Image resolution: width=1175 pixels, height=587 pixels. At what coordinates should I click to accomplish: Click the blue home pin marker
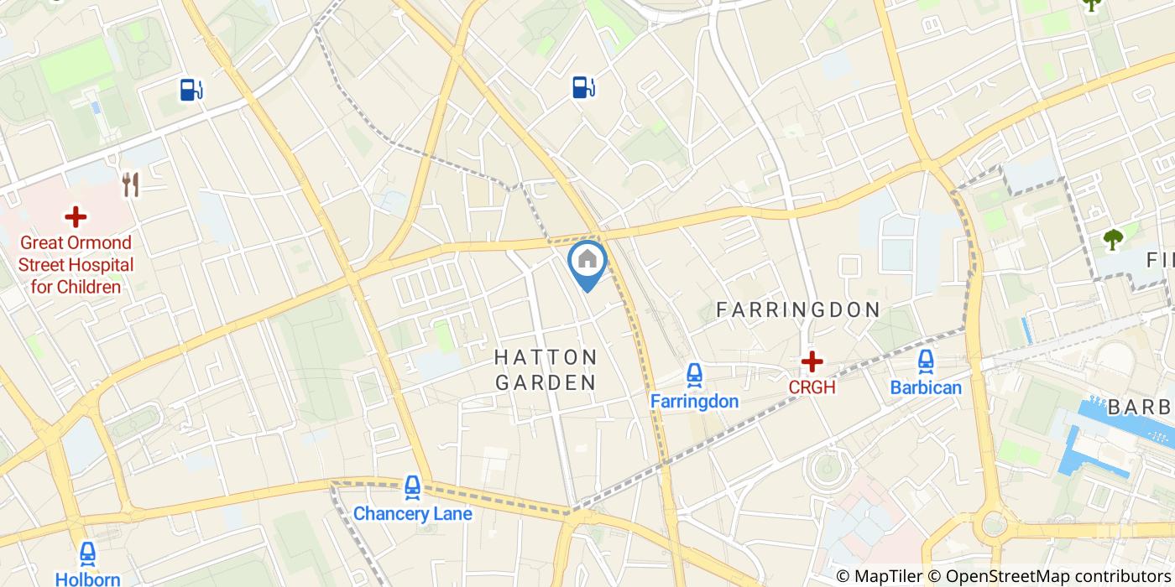587,261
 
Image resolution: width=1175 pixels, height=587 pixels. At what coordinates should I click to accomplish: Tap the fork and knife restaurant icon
130,184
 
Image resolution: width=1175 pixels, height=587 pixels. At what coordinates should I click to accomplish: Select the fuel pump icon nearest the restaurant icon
191,89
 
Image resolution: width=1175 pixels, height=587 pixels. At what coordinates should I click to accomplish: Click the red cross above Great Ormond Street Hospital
76,217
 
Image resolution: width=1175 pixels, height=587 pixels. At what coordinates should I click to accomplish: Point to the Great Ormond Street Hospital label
76,265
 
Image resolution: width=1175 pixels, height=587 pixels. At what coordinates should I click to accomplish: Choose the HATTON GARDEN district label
546,370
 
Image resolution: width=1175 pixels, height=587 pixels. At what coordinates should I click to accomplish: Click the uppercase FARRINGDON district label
797,310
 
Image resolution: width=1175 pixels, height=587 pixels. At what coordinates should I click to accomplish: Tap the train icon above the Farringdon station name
694,375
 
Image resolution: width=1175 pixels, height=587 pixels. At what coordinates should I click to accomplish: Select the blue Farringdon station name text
694,402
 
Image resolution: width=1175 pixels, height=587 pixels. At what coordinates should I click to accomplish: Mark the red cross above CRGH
812,361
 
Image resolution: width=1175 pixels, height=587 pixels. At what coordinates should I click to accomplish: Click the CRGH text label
812,387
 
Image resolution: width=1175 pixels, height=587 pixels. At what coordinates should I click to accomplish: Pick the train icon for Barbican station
926,361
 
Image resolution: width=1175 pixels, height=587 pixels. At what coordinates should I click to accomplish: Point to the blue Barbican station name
926,387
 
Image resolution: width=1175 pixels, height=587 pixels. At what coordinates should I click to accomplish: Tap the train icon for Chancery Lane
411,487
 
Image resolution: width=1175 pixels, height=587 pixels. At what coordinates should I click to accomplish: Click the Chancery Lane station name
412,513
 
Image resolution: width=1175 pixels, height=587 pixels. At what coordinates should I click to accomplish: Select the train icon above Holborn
87,553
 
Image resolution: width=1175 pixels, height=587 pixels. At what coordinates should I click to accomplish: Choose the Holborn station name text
87,579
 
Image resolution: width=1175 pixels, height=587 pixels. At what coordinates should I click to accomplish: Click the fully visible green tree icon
1113,240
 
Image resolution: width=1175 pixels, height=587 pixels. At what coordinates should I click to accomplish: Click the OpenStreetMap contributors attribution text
1059,576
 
